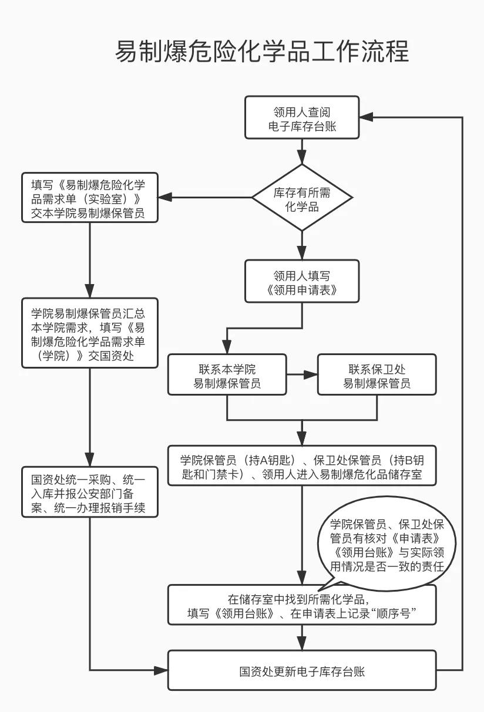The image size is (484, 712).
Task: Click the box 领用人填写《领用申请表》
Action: coord(302,282)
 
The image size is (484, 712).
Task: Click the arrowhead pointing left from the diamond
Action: coord(166,198)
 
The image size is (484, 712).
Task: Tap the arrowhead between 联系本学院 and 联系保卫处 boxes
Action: coord(311,374)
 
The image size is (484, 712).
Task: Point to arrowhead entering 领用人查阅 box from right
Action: coord(367,117)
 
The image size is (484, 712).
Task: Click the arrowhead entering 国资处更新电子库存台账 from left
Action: coord(162,670)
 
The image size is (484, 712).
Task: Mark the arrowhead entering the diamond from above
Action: coord(302,157)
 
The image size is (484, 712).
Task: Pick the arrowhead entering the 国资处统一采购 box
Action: coord(90,461)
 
